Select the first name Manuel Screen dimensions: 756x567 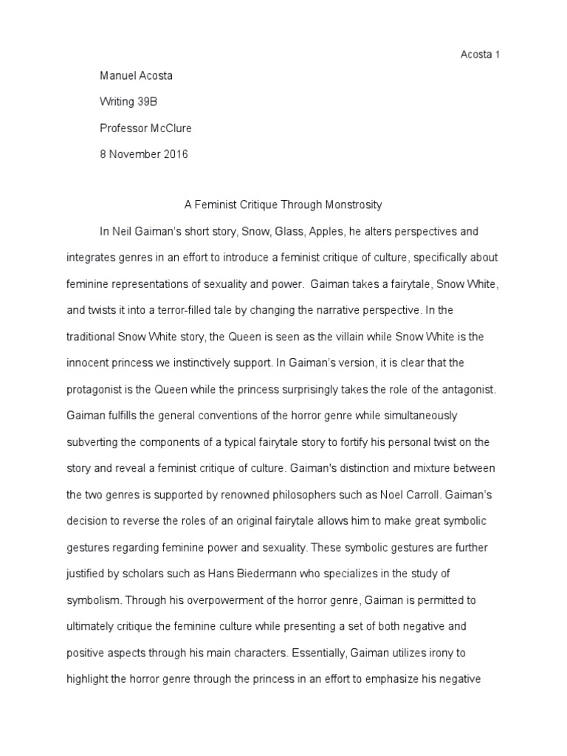[x=119, y=75]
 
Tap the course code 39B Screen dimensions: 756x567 [x=147, y=102]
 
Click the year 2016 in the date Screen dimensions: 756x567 [x=175, y=155]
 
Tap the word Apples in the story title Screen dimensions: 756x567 [x=326, y=232]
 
